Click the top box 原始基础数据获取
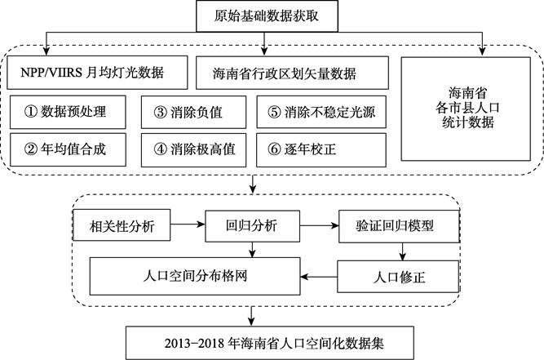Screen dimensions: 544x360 [267, 16]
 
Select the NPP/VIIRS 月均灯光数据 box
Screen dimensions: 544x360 [97, 73]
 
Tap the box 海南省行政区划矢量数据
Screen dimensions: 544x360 [292, 73]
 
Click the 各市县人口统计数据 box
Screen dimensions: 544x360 [466, 109]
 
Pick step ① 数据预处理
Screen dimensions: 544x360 [68, 112]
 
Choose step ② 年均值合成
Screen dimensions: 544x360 [68, 149]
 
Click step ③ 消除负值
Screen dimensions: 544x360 [193, 112]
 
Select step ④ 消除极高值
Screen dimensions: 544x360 [193, 149]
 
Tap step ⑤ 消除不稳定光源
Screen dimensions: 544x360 [321, 112]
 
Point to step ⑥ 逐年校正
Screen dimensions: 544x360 [321, 149]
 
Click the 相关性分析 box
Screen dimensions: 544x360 [122, 225]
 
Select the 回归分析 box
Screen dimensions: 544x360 [253, 226]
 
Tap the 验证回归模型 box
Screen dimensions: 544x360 [399, 226]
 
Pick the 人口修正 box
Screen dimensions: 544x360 [398, 277]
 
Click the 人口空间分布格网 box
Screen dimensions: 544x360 [195, 277]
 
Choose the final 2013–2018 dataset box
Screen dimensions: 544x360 [270, 343]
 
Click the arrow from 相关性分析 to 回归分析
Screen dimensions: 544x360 [188, 224]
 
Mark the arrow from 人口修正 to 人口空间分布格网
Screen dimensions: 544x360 [319, 277]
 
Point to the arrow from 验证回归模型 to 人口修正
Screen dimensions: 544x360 [402, 251]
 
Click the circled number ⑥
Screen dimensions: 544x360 [274, 149]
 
